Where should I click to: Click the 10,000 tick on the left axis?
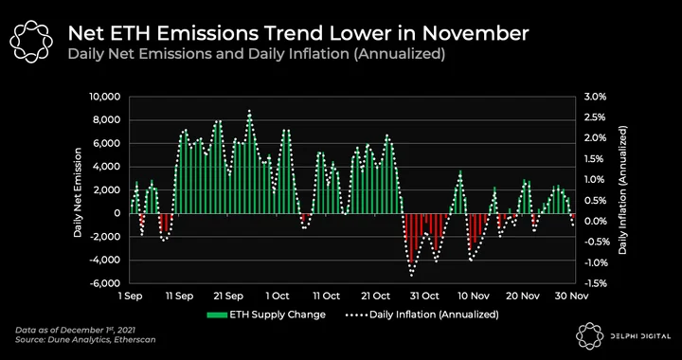pyautogui.click(x=107, y=97)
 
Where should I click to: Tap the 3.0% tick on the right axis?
pyautogui.click(x=593, y=97)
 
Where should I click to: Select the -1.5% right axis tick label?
pyautogui.click(x=592, y=283)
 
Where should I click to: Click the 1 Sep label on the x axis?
pyautogui.click(x=130, y=297)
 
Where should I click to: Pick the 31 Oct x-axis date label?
pyautogui.click(x=424, y=297)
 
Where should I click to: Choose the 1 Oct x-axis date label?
pyautogui.click(x=277, y=297)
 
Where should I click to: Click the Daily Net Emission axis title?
pyautogui.click(x=78, y=192)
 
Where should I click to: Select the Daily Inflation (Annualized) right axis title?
pyautogui.click(x=623, y=190)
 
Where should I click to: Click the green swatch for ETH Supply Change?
pyautogui.click(x=216, y=315)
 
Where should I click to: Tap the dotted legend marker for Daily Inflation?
pyautogui.click(x=356, y=315)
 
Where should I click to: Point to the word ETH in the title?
pyautogui.click(x=134, y=34)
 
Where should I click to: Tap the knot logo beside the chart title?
pyautogui.click(x=31, y=41)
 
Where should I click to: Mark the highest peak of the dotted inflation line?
pyautogui.click(x=249, y=111)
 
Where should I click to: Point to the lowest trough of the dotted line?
pyautogui.click(x=411, y=275)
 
